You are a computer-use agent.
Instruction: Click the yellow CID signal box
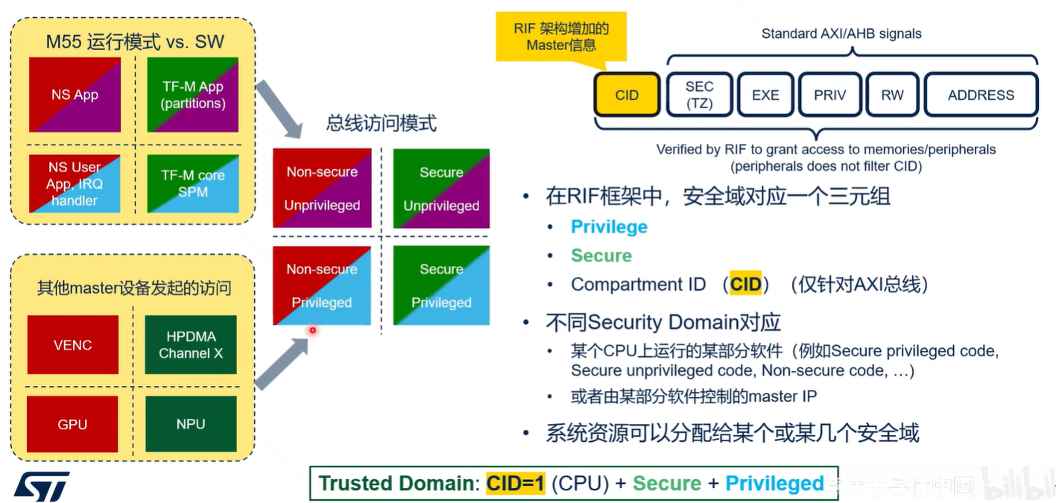tap(627, 95)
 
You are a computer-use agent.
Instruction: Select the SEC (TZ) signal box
tap(699, 95)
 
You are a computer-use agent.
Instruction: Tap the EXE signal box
tap(765, 95)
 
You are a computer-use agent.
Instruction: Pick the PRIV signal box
tap(829, 95)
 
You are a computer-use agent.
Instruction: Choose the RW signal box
tap(891, 95)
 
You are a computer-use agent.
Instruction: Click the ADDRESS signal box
tap(981, 95)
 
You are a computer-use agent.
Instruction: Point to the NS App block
tap(75, 95)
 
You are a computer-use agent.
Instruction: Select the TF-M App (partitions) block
tap(193, 95)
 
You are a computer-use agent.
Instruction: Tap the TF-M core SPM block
tap(193, 183)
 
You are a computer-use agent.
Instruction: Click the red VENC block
tap(73, 345)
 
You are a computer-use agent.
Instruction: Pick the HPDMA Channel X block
tap(191, 345)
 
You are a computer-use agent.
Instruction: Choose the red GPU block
tap(73, 424)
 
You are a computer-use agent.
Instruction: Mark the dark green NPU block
tap(191, 424)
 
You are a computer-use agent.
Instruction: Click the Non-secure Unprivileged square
tap(322, 188)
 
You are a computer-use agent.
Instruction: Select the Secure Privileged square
tap(441, 285)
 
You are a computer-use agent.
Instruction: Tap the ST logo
tap(42, 486)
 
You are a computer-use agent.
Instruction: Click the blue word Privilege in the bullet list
tap(609, 227)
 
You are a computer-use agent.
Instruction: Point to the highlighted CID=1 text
tap(516, 484)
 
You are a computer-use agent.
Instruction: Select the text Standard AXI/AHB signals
tap(841, 34)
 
